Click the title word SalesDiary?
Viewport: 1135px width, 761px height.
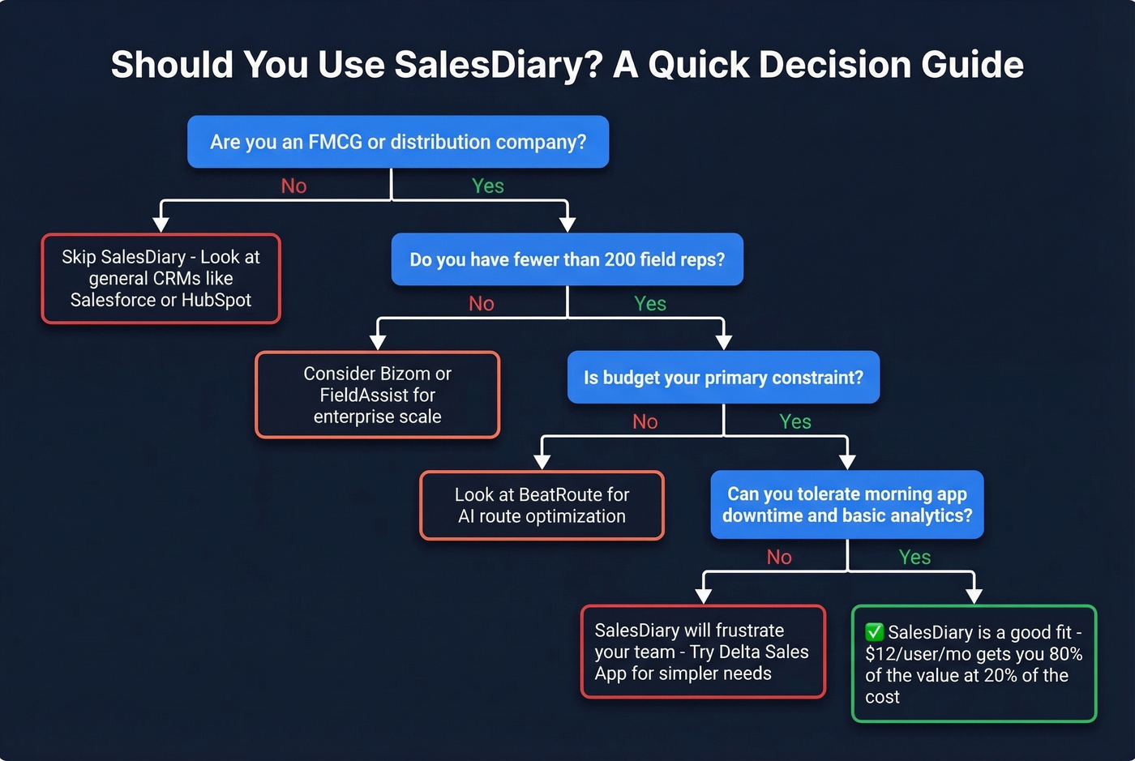498,65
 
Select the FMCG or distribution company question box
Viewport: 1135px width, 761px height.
398,142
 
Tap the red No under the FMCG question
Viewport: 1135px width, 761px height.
293,186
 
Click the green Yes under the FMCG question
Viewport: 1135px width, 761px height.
488,186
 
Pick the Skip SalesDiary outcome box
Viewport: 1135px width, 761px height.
161,279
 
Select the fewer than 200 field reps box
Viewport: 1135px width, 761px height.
567,259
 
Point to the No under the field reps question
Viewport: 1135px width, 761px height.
482,304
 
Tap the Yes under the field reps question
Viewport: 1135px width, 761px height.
650,304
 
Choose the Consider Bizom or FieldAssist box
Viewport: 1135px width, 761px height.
377,395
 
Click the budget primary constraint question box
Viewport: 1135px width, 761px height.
723,378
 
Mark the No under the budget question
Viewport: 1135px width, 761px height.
645,421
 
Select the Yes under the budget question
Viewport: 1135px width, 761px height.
795,421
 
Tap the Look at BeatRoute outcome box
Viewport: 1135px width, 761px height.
542,506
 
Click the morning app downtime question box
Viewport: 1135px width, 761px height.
847,505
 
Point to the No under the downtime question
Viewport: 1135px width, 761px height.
779,557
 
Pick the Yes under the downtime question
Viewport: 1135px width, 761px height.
914,557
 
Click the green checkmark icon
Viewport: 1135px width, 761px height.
874,632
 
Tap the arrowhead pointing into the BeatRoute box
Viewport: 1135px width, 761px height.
542,462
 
